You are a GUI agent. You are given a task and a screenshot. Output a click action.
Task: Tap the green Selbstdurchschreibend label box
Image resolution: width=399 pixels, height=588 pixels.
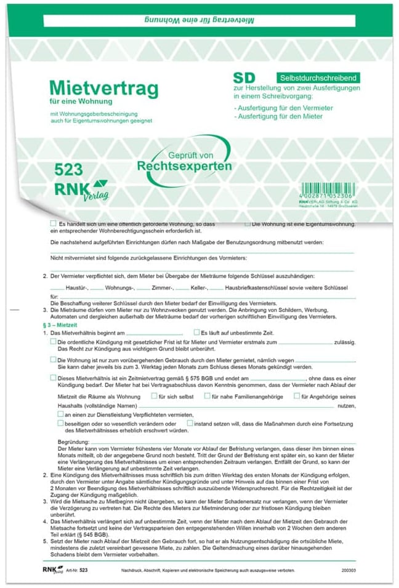[x=318, y=78]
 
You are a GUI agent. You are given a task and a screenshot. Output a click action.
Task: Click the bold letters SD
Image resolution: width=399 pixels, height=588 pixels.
[x=244, y=78]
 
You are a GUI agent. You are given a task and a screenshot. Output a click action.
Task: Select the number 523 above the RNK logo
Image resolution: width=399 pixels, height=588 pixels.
[x=68, y=170]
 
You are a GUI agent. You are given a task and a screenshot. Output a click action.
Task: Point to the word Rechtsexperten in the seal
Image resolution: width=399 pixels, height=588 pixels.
[x=184, y=166]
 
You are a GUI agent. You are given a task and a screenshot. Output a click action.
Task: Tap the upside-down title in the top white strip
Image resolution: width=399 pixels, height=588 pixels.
[x=198, y=21]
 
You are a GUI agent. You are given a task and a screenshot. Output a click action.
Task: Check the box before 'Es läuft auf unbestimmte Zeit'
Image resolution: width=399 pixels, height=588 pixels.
[x=196, y=332]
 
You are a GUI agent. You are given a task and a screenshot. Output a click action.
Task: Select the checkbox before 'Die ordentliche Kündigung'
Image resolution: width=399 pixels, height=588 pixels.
[x=53, y=341]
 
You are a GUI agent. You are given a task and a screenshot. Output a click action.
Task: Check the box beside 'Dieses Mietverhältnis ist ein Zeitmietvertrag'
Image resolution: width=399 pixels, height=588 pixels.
[x=53, y=378]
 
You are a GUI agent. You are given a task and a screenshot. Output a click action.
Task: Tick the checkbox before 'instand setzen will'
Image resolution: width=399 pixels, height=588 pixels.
[x=190, y=423]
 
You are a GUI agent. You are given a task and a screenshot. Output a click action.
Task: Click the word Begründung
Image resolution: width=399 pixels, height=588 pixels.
[x=73, y=442]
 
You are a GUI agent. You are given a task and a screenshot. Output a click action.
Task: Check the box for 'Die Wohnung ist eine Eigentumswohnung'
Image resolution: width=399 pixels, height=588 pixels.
[x=248, y=224]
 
